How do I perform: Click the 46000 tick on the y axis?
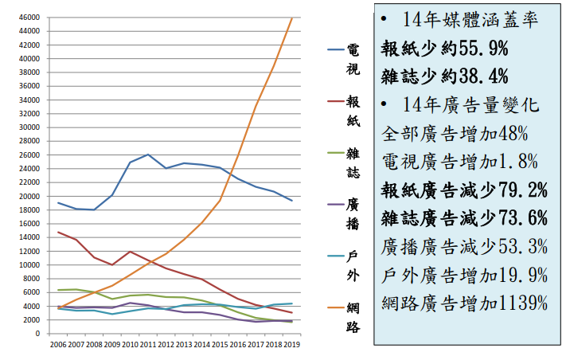pyautogui.click(x=29, y=17)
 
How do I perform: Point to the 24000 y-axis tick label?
pyautogui.click(x=29, y=168)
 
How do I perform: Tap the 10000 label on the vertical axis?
pyautogui.click(x=29, y=264)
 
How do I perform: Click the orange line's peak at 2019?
pyautogui.click(x=292, y=18)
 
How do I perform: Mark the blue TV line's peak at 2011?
pyautogui.click(x=148, y=155)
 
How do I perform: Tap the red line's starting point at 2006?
pyautogui.click(x=58, y=232)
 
